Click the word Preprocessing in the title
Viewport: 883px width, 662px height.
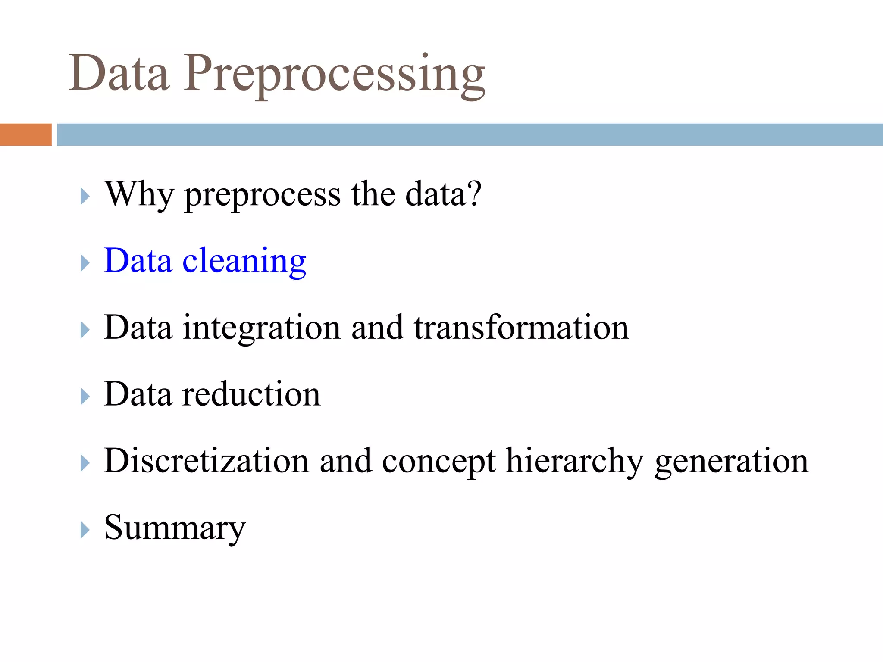[x=335, y=74]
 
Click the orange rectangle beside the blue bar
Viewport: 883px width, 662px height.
[x=25, y=134]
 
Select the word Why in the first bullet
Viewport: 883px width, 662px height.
[x=139, y=195]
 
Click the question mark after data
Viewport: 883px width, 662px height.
[x=474, y=194]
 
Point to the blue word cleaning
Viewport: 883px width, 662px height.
[x=244, y=261]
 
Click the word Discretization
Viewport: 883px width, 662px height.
[x=207, y=461]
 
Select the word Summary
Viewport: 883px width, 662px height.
[x=175, y=528]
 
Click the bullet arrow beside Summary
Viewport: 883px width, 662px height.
[x=85, y=530]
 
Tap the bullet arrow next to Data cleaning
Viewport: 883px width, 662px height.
[x=85, y=262]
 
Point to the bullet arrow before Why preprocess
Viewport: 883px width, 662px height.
[x=85, y=196]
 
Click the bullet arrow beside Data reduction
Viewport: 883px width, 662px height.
[x=85, y=396]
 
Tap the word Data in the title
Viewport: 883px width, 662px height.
[x=119, y=74]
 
